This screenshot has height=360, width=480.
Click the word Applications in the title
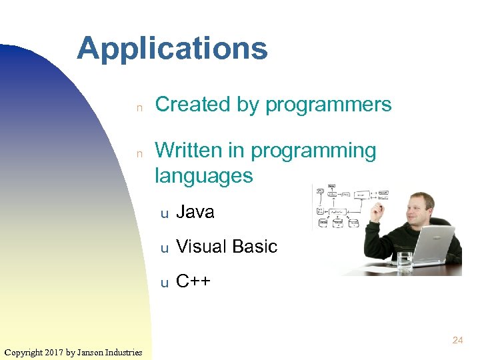tap(172, 49)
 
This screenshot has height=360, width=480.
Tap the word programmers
tap(328, 105)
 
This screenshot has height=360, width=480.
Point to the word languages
tap(204, 176)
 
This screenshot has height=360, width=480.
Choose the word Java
tap(195, 212)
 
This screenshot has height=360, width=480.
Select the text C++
tap(193, 281)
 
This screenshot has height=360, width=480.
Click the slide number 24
tap(457, 340)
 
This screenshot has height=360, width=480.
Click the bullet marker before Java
tap(163, 213)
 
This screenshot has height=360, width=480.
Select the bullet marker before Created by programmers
tap(140, 106)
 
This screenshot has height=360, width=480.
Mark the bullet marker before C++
tap(163, 283)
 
